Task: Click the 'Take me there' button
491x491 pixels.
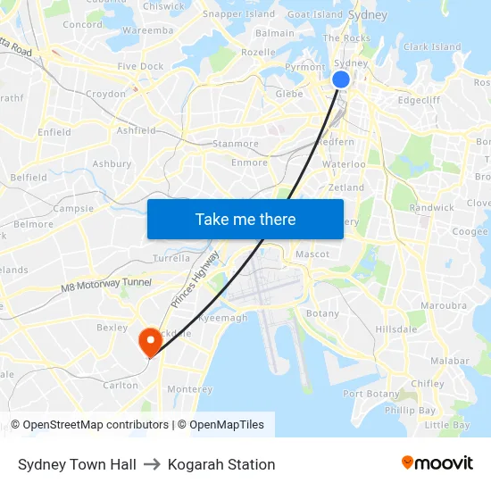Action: (245, 219)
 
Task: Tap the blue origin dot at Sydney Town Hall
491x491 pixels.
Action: (341, 79)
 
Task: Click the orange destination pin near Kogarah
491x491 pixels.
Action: (149, 340)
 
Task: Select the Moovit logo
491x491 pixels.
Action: (437, 463)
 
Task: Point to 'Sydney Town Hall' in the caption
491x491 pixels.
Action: (77, 464)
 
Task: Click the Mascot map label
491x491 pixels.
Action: (312, 254)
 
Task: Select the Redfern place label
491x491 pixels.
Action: (337, 142)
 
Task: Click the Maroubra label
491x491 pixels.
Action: (444, 305)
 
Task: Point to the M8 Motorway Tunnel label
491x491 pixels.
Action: (106, 283)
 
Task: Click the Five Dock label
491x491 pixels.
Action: (140, 66)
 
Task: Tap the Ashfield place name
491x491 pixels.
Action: (136, 130)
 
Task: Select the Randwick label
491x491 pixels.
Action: (432, 207)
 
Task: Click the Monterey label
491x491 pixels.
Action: (190, 389)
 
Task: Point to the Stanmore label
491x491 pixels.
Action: (236, 143)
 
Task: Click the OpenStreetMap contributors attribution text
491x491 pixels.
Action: (89, 425)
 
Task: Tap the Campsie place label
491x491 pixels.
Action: (73, 208)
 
